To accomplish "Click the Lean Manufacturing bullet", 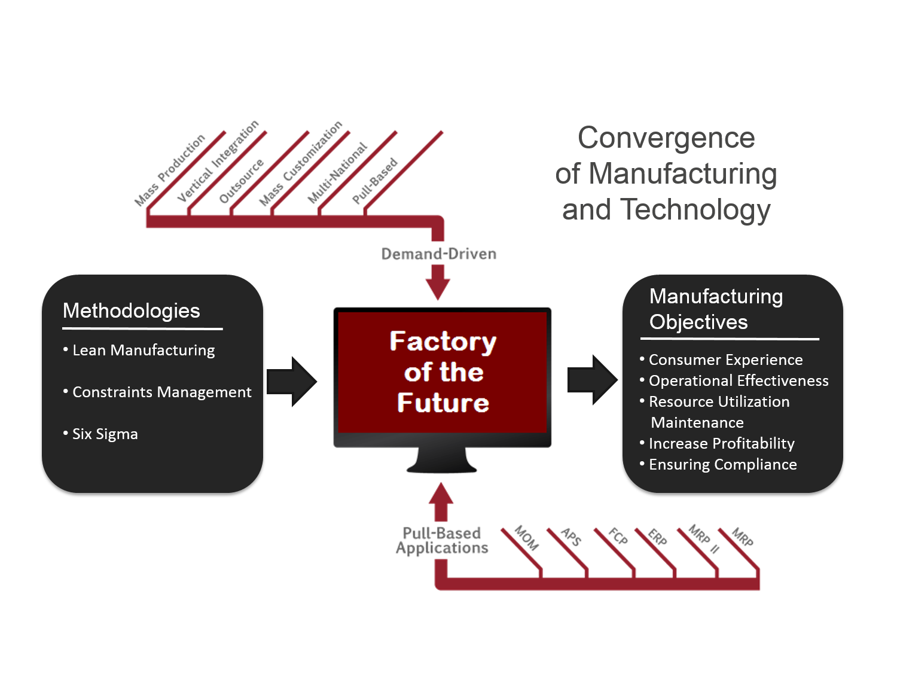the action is (x=139, y=351).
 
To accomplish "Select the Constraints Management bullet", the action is (x=157, y=392).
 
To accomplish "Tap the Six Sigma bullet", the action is (x=100, y=434).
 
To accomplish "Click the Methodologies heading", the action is (x=131, y=311).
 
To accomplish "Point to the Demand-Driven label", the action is (x=439, y=254).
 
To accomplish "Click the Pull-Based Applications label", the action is (x=442, y=540).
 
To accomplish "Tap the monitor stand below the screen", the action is (x=442, y=459).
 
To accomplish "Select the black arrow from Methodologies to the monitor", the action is (x=292, y=382).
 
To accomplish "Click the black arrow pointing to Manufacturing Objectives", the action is (x=593, y=380).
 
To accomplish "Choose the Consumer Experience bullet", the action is (x=721, y=360).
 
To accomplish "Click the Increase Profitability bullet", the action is (x=717, y=444).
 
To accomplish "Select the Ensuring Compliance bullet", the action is (x=718, y=465).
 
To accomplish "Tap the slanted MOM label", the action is (x=526, y=538).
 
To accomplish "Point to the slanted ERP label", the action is (x=657, y=537).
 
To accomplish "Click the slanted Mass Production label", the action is (x=170, y=170).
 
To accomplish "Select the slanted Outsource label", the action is (x=241, y=181).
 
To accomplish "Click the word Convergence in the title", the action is (x=666, y=138).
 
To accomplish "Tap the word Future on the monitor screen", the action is (x=443, y=403).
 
